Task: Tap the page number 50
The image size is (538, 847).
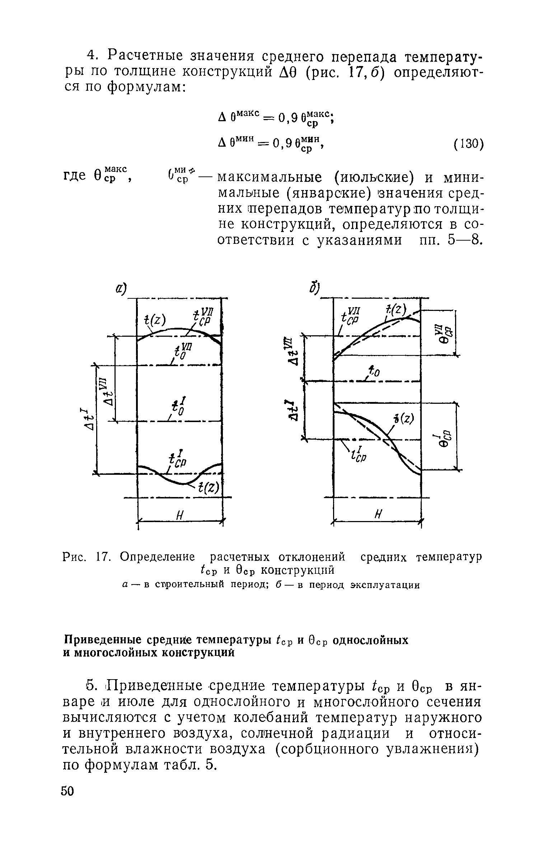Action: click(67, 811)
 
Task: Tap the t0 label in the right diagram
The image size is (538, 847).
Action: click(373, 372)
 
